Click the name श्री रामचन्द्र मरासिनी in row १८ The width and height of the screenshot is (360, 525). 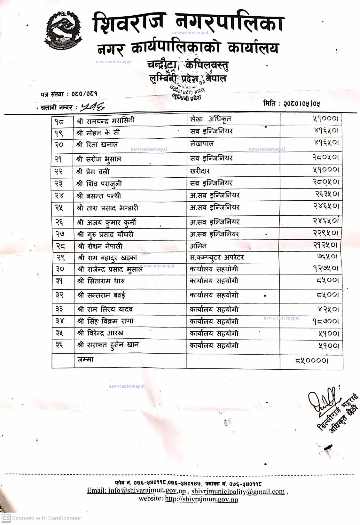point(106,120)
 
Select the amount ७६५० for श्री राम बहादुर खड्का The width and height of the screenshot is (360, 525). point(327,256)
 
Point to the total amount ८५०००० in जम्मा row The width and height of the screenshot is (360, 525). point(311,360)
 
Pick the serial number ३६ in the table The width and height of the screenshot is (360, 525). point(59,345)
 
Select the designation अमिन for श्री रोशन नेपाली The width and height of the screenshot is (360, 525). point(198,246)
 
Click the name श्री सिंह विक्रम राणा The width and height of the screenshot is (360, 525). point(106,321)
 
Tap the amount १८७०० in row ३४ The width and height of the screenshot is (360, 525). point(325,321)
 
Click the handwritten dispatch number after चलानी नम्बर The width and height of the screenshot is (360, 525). point(92,107)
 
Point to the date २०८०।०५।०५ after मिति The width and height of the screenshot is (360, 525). point(301,104)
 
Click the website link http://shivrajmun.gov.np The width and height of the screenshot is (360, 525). point(201,499)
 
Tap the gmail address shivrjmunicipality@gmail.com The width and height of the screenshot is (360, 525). point(238,491)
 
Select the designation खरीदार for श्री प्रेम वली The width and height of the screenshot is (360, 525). point(200,171)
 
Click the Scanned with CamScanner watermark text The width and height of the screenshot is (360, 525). point(46,518)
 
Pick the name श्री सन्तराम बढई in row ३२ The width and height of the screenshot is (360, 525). point(101,295)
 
